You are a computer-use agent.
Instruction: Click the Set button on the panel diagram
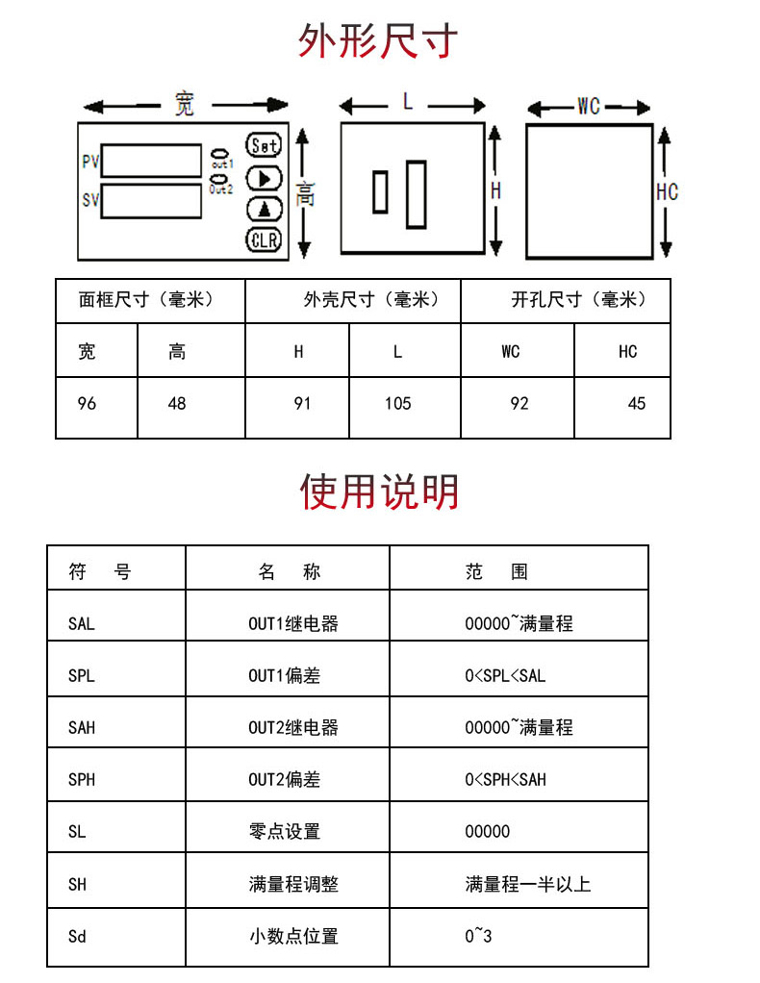[264, 145]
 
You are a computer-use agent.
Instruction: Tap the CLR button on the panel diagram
[264, 240]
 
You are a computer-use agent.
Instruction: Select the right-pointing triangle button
[264, 179]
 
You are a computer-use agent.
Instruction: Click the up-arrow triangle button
[264, 210]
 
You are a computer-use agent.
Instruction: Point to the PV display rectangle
[151, 161]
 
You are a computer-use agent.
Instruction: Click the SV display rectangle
[151, 201]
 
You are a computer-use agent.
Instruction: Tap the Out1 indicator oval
[220, 154]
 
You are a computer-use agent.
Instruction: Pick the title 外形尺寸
[377, 41]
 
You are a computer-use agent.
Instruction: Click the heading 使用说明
[379, 491]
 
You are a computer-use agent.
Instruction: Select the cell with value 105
[397, 404]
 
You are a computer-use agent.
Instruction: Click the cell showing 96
[88, 404]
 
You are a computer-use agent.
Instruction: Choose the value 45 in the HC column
[637, 404]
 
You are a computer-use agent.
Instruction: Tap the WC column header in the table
[511, 352]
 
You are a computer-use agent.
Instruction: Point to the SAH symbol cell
[82, 728]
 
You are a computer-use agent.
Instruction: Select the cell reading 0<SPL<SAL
[505, 676]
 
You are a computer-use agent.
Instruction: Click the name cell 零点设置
[285, 832]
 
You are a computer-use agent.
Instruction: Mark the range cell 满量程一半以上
[528, 885]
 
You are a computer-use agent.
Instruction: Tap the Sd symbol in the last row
[77, 937]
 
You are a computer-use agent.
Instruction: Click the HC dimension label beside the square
[668, 191]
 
